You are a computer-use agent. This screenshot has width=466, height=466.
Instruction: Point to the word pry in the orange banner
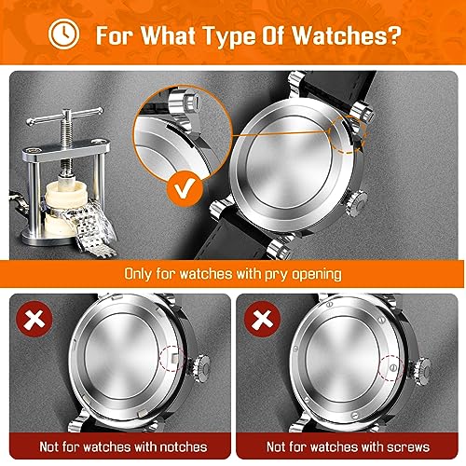pos(296,275)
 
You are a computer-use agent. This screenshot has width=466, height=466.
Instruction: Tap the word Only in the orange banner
pos(141,275)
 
